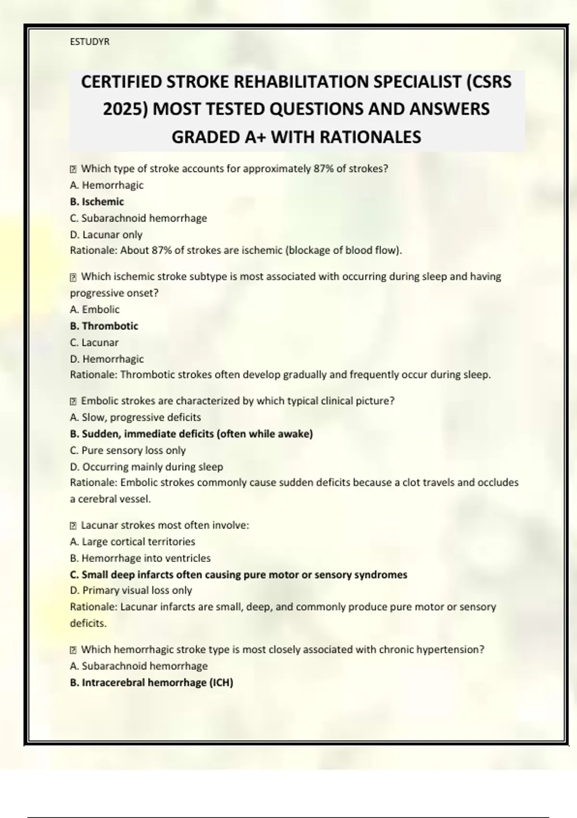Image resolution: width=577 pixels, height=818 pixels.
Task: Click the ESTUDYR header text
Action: click(x=89, y=42)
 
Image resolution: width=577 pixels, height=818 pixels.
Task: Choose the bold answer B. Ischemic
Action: click(x=97, y=202)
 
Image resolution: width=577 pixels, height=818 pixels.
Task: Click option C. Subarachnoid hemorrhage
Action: click(x=138, y=218)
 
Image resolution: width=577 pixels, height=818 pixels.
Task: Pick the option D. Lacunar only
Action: click(x=106, y=234)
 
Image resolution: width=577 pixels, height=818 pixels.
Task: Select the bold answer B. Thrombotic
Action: click(x=104, y=326)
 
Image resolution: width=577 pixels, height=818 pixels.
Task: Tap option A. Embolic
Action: click(x=94, y=309)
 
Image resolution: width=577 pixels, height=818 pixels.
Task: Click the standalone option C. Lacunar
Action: click(x=94, y=342)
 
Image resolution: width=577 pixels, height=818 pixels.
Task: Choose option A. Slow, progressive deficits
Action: click(x=135, y=417)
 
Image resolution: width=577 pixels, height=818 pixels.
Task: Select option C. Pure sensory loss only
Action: click(x=127, y=450)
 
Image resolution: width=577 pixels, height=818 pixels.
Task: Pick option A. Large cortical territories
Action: click(x=132, y=541)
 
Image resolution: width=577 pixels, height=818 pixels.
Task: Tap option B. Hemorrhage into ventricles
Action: click(x=140, y=558)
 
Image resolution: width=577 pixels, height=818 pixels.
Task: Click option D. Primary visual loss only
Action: click(x=131, y=590)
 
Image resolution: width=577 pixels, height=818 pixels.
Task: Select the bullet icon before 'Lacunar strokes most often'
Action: click(x=74, y=525)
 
